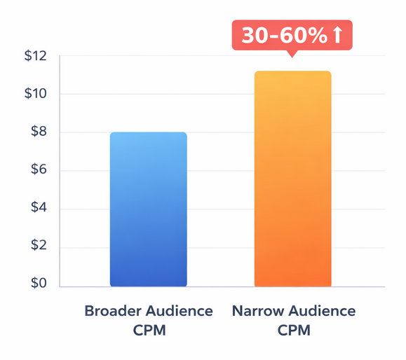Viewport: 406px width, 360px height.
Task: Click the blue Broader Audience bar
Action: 148,209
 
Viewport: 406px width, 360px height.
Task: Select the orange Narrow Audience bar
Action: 292,179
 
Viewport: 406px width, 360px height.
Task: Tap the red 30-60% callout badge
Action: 292,36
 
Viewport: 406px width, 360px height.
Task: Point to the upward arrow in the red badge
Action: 338,36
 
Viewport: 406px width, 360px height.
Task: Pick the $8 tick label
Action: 36,132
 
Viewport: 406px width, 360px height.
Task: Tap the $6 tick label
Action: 36,171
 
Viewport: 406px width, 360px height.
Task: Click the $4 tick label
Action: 36,209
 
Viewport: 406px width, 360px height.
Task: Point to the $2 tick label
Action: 36,247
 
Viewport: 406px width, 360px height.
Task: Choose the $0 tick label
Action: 36,284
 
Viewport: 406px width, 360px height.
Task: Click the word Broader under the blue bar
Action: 112,310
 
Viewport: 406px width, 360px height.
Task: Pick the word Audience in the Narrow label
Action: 322,310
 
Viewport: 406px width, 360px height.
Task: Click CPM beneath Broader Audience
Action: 148,330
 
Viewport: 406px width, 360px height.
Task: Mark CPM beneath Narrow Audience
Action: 293,330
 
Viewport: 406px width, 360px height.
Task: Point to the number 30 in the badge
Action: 253,36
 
